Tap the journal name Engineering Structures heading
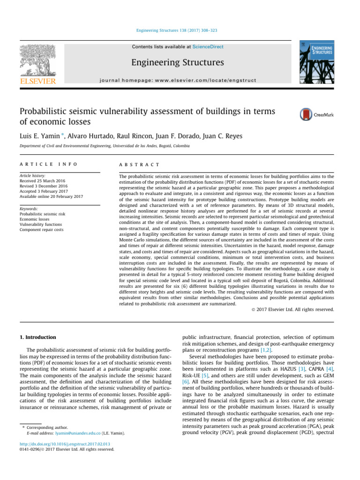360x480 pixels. [177, 62]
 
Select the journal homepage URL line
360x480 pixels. [177, 81]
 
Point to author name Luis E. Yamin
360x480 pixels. [39, 135]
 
